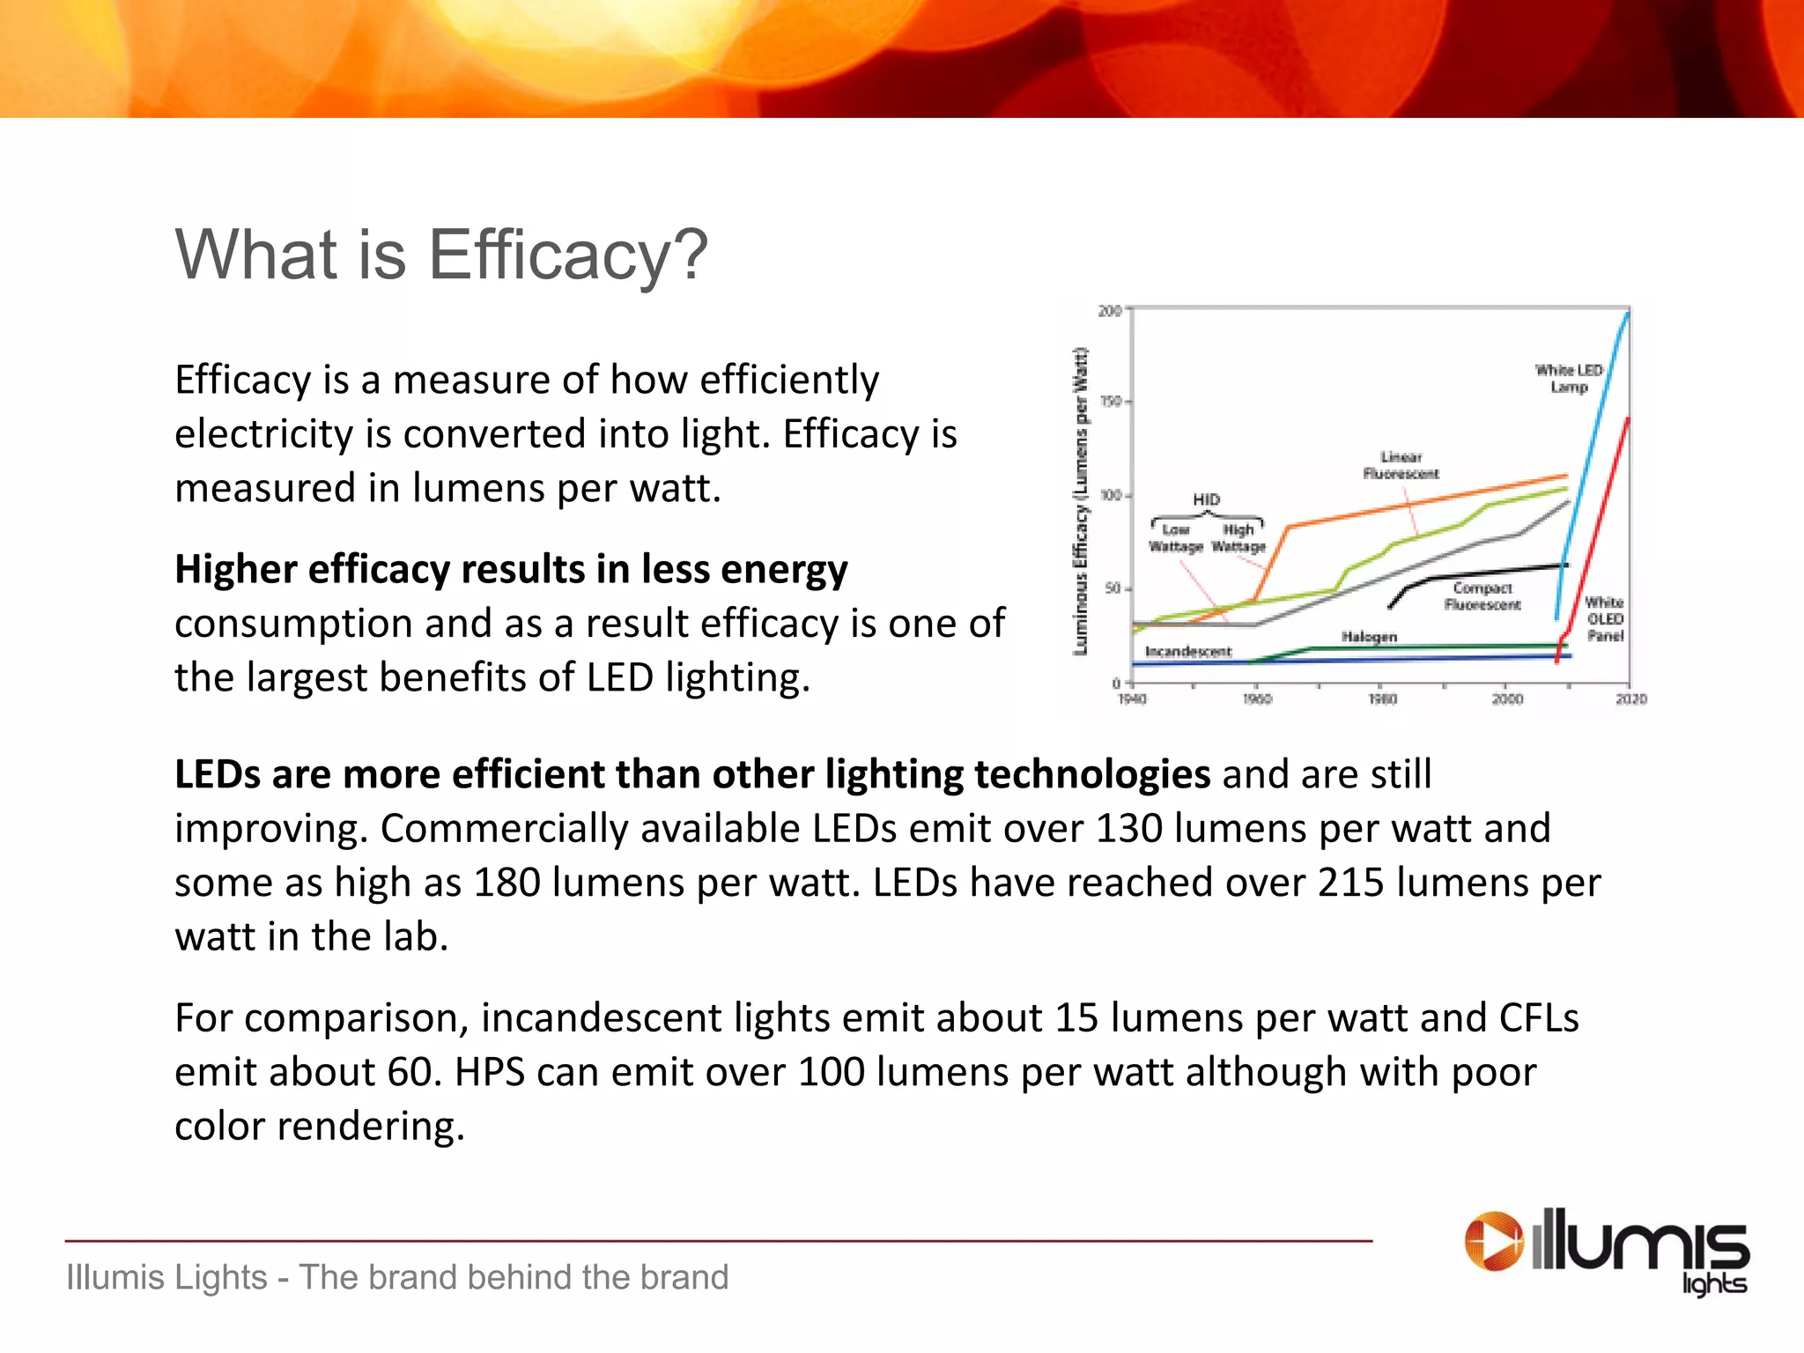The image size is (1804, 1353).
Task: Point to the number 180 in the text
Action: click(x=506, y=883)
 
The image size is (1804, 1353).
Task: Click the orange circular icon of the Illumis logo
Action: click(x=1493, y=1242)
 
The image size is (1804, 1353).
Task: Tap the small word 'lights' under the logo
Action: click(x=1714, y=1283)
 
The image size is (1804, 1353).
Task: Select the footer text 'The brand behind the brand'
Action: click(x=514, y=1277)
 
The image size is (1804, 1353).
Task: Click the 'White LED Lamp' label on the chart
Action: click(x=1569, y=379)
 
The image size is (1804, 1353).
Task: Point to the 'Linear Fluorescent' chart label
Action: click(x=1401, y=465)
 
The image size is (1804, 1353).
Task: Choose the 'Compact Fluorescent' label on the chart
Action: click(x=1482, y=596)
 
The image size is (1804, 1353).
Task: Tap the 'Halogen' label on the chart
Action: click(x=1369, y=636)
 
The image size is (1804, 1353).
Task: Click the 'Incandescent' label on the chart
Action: click(x=1188, y=651)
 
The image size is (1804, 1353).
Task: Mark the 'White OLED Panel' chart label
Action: click(x=1604, y=618)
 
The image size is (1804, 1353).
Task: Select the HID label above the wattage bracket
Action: click(x=1206, y=499)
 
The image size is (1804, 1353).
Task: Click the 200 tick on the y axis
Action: click(x=1109, y=311)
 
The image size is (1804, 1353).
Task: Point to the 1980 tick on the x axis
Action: click(x=1382, y=699)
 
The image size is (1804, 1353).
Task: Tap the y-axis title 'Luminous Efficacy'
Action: click(x=1081, y=502)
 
